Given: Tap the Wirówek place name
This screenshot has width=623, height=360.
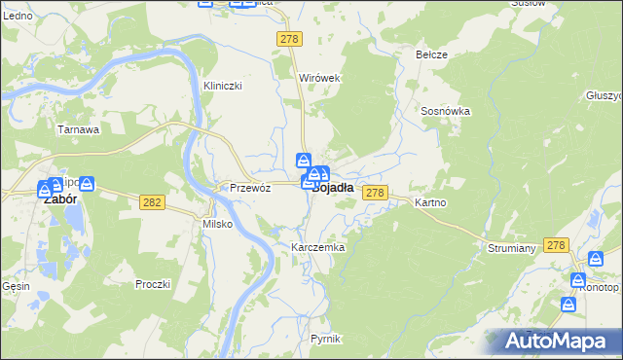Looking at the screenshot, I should coord(318,78).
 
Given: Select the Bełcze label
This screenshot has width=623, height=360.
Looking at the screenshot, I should coord(431,54).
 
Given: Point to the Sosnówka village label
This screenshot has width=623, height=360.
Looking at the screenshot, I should coord(446,111).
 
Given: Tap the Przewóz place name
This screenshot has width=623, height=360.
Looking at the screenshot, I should coord(249,188).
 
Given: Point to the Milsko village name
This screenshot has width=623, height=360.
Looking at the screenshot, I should coord(216,224).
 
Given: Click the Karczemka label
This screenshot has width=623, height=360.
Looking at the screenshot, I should coord(318,248).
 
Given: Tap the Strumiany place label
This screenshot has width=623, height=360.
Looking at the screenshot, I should coord(512,248).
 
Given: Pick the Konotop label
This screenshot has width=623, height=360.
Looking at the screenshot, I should coord(597,288).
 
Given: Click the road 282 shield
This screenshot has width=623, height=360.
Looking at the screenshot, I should coord(151,201).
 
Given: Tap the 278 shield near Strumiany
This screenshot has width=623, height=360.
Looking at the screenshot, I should coord(556,245).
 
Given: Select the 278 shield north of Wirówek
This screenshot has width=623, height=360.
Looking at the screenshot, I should coord(289,39).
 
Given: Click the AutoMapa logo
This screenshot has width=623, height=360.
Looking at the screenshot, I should coord(561,341).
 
